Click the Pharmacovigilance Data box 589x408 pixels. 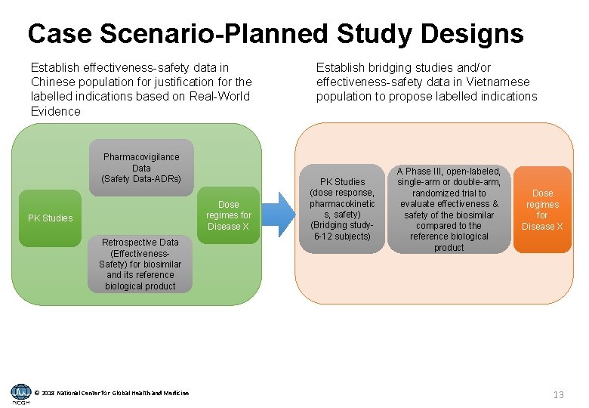[141, 168]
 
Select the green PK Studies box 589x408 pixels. [51, 218]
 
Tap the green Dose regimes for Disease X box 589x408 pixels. [228, 215]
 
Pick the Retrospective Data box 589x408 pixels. [140, 264]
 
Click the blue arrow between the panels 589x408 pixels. [280, 215]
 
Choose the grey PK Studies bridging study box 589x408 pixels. [342, 209]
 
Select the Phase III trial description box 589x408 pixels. [449, 209]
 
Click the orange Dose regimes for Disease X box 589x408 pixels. [542, 209]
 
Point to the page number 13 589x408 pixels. [558, 394]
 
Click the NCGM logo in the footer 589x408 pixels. [21, 393]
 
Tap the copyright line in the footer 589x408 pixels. [113, 392]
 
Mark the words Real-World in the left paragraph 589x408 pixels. [220, 96]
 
